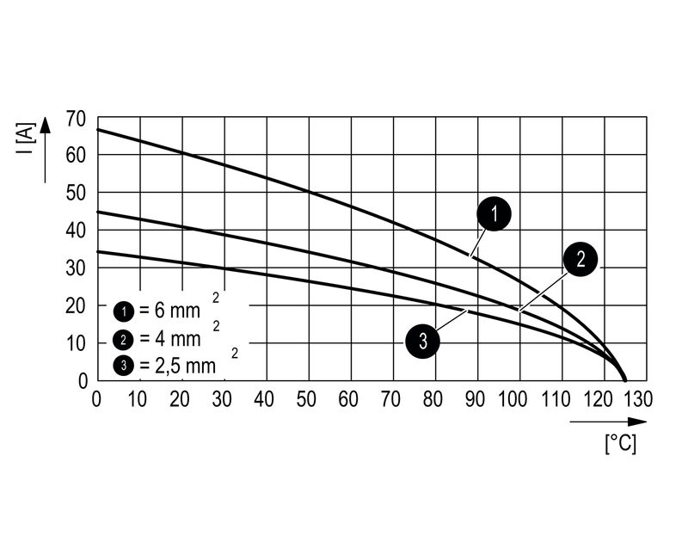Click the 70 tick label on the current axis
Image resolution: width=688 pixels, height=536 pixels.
point(76,117)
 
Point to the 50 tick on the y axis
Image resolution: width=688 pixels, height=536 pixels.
point(76,193)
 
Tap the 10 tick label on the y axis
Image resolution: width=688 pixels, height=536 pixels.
point(76,343)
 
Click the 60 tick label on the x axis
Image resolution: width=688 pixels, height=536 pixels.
point(347,399)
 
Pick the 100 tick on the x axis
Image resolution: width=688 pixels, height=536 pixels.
point(516,399)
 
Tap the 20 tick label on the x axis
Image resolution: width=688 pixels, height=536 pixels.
point(179,399)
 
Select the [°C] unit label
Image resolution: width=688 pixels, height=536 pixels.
point(621,444)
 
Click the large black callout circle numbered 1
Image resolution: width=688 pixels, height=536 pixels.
point(494,214)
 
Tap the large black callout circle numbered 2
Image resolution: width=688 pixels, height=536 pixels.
point(580,259)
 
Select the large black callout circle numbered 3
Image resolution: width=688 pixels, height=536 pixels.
point(422,342)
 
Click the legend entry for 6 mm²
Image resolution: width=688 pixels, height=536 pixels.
point(159,310)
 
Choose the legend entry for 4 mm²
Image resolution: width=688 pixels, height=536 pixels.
point(159,337)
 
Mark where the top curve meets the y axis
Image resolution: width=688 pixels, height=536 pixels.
point(97,129)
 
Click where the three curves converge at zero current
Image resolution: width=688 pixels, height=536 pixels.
point(624,379)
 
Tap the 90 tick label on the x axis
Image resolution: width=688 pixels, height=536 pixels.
point(474,399)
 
